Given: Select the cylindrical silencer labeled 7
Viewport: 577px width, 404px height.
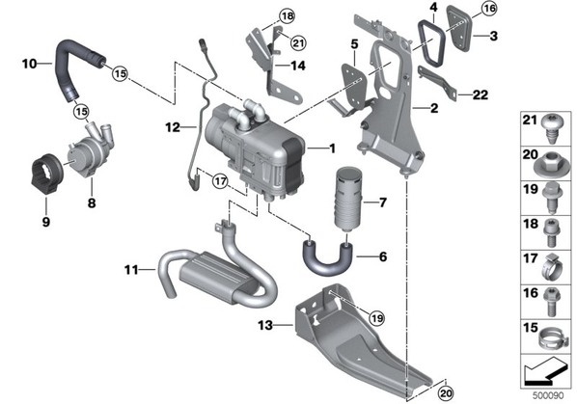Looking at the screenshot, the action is point(347,200).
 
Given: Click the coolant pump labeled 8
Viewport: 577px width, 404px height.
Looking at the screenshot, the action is point(90,150).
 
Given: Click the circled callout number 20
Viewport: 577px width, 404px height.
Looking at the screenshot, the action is point(446,393).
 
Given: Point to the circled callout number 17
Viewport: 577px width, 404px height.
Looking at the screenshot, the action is point(220,181).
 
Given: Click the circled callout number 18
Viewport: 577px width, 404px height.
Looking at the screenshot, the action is point(287,15).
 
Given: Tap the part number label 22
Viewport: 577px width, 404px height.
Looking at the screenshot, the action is point(481,94).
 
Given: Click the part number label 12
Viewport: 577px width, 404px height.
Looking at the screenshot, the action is point(173,127).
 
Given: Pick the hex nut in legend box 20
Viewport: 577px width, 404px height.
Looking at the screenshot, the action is point(551,166).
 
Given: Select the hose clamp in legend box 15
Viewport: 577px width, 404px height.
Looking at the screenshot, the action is point(552,338).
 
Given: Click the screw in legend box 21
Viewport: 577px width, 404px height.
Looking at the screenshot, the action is point(551,128).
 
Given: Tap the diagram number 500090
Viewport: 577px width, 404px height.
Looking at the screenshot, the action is point(548,396).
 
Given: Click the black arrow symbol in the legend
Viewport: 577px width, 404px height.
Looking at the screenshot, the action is point(544,373).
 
